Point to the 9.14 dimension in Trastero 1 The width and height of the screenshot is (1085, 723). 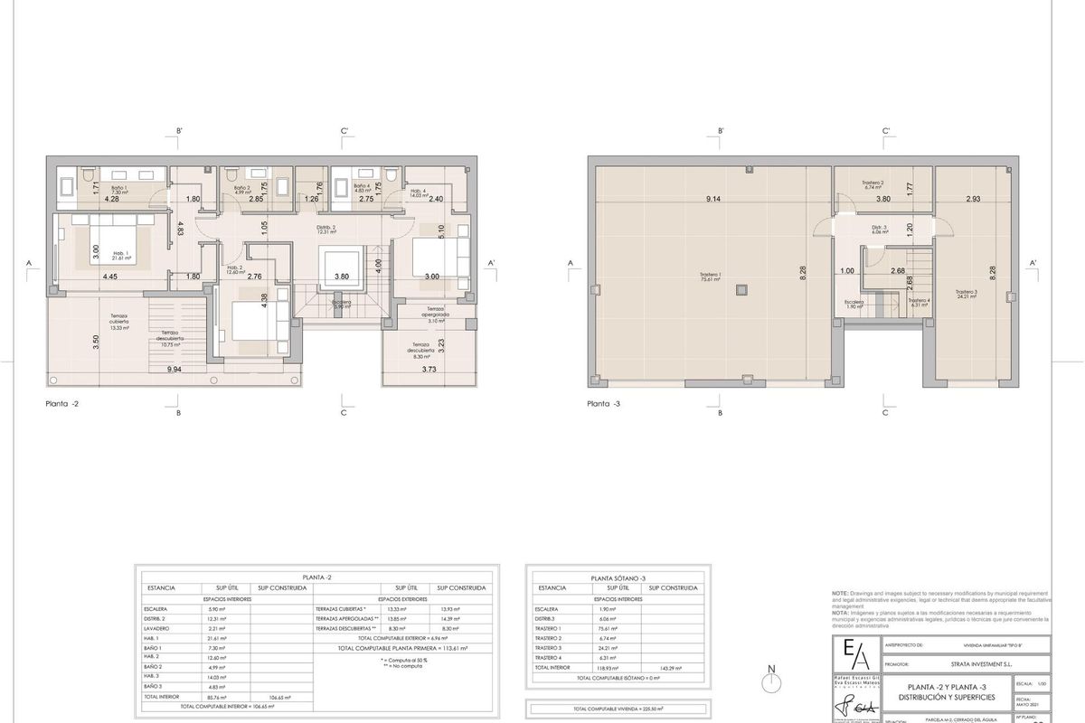click(x=713, y=199)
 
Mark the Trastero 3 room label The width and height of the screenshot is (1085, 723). click(x=967, y=293)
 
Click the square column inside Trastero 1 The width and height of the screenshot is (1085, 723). click(x=741, y=290)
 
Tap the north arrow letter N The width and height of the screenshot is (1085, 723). click(x=769, y=670)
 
